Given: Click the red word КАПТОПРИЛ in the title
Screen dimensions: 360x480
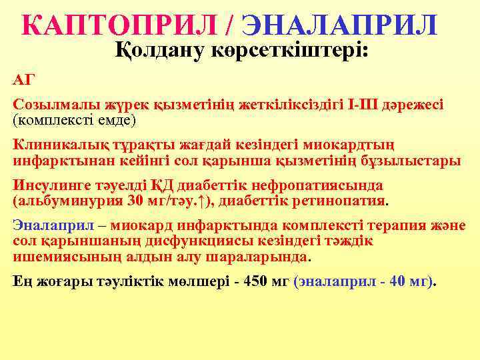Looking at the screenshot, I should point(120,25).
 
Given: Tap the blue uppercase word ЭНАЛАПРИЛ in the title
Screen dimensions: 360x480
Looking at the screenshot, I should point(340,25).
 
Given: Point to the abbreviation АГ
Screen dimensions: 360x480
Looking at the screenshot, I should point(23,81).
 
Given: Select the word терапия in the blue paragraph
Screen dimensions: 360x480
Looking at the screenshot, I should point(394,225).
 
